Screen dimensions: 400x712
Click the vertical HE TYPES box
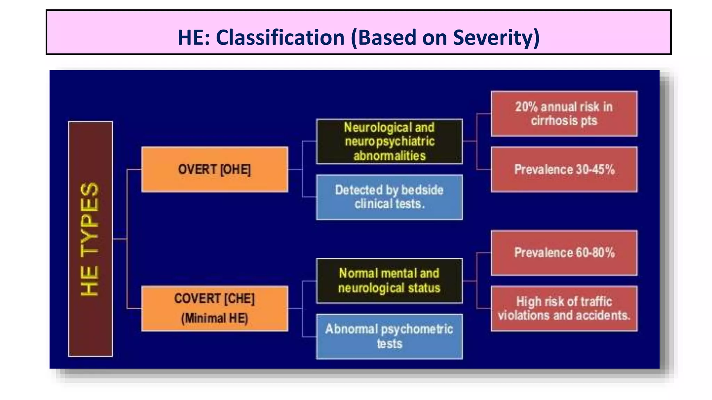pyautogui.click(x=90, y=239)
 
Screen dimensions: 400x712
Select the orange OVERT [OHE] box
pyautogui.click(x=215, y=169)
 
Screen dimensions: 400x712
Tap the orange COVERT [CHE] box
pyautogui.click(x=215, y=308)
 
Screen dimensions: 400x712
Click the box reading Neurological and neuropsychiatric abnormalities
pyautogui.click(x=389, y=141)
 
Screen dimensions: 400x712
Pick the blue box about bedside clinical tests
pyautogui.click(x=389, y=197)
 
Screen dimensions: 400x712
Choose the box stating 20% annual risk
pyautogui.click(x=564, y=114)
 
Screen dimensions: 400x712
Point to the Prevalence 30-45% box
pyautogui.click(x=564, y=169)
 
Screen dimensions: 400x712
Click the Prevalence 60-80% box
pyautogui.click(x=564, y=253)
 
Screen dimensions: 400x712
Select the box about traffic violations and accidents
pyautogui.click(x=564, y=308)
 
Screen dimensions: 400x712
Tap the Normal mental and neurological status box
pyautogui.click(x=389, y=281)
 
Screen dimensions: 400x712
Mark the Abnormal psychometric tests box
pyautogui.click(x=389, y=336)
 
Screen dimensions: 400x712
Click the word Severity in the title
pyautogui.click(x=496, y=37)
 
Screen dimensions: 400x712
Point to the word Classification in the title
pyautogui.click(x=280, y=37)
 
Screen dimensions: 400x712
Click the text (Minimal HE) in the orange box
pyautogui.click(x=215, y=318)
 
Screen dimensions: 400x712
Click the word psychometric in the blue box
pyautogui.click(x=417, y=329)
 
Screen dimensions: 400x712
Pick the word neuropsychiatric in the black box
pyautogui.click(x=389, y=141)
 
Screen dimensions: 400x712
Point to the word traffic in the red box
pyautogui.click(x=594, y=301)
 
